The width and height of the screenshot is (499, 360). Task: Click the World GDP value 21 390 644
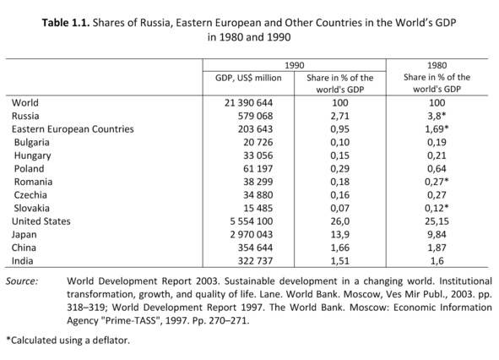(248, 103)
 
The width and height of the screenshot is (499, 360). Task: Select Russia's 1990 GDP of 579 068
(255, 116)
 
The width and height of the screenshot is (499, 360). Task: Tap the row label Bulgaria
(32, 143)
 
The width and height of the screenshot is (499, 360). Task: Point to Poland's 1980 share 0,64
(437, 168)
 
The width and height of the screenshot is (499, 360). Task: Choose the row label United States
(41, 221)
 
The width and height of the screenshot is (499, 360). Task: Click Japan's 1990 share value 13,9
(340, 234)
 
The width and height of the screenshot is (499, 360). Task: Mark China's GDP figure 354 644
(255, 248)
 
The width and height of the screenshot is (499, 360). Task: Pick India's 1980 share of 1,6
(437, 261)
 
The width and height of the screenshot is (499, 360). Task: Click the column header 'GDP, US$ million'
(248, 78)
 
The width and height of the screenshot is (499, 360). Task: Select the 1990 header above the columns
(295, 66)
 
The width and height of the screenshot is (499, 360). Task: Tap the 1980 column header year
(437, 65)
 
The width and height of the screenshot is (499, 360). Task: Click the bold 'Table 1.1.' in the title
(66, 23)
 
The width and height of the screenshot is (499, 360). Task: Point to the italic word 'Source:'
(22, 281)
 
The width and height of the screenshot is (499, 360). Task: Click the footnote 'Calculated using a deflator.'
(68, 341)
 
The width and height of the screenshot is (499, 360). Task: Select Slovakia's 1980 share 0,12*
(437, 208)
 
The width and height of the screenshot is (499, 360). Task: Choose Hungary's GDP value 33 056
(258, 155)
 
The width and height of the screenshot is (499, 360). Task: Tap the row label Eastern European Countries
(73, 129)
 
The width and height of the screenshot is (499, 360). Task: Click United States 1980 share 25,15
(437, 221)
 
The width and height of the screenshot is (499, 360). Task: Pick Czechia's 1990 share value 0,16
(340, 195)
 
